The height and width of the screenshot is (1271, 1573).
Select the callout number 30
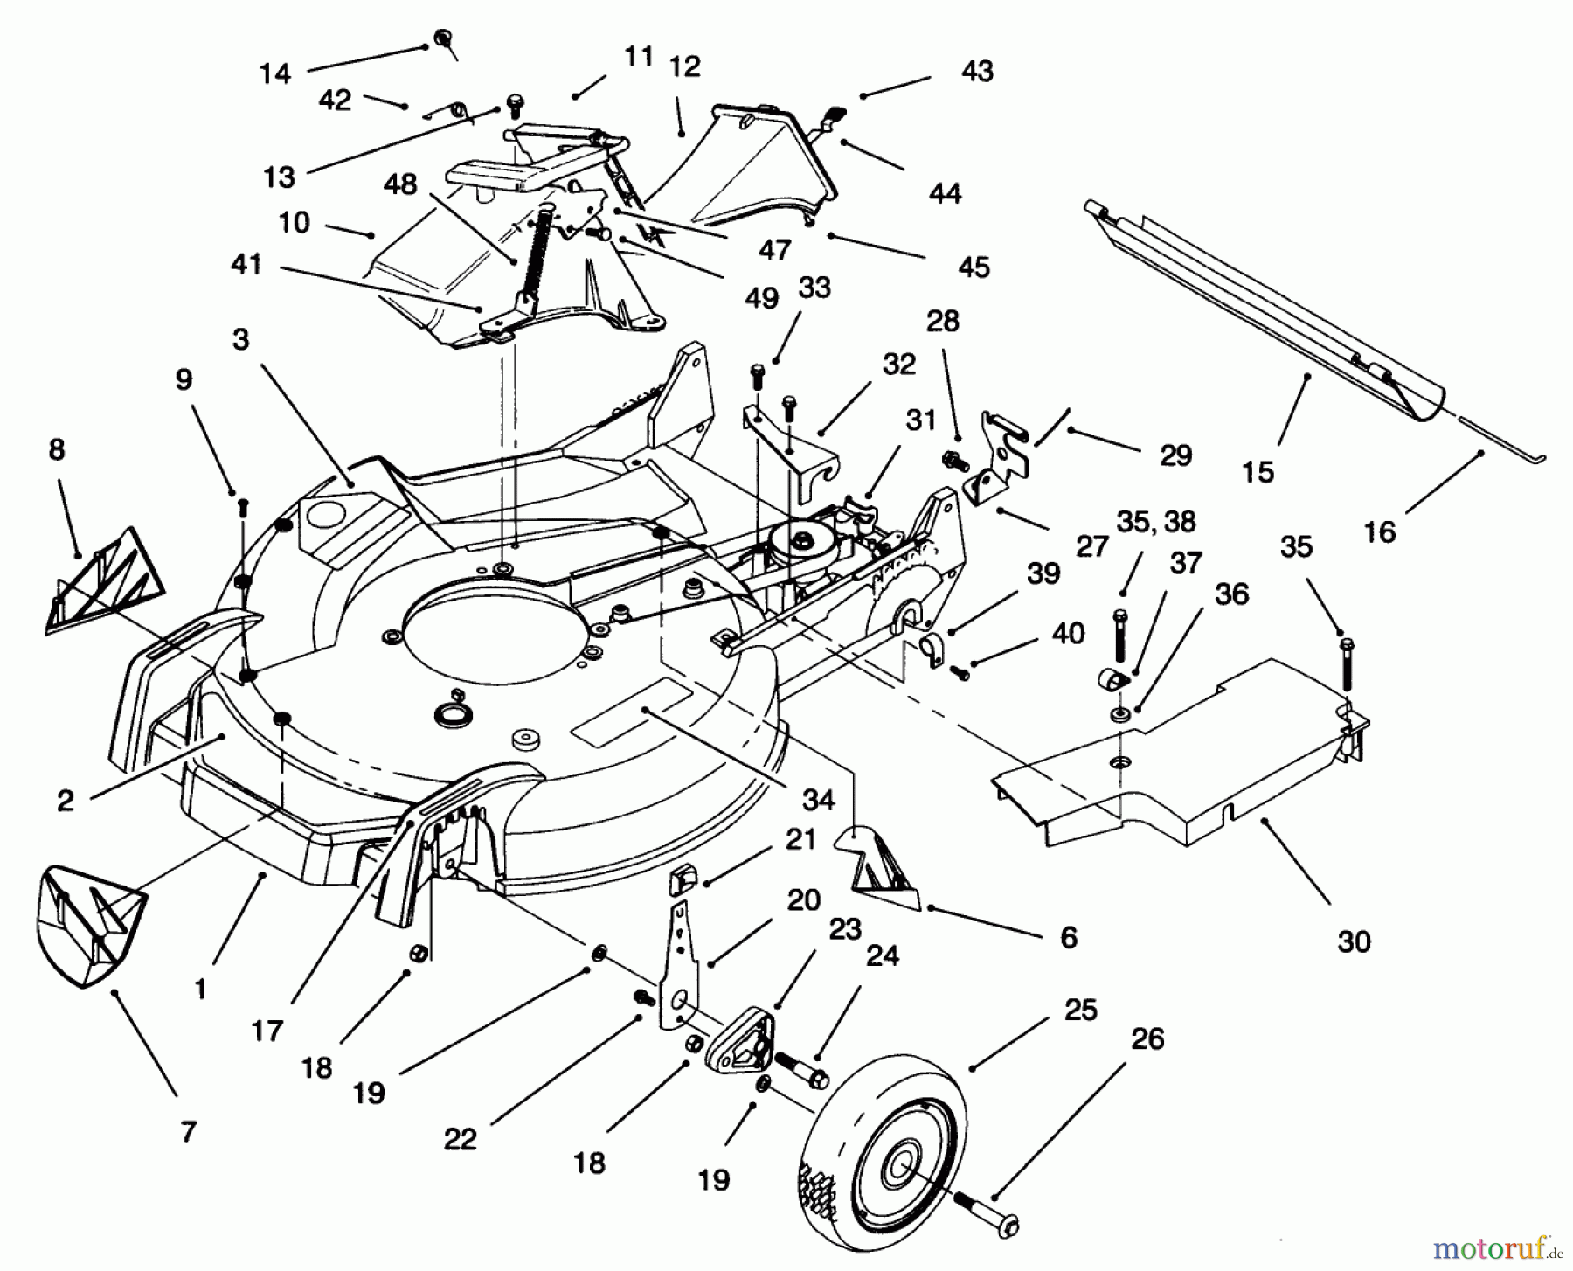(1354, 942)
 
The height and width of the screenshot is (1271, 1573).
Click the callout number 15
(1258, 472)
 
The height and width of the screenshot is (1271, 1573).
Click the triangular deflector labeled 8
(105, 581)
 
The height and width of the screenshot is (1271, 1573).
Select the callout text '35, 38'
(1155, 522)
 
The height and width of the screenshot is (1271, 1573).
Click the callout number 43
(977, 71)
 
